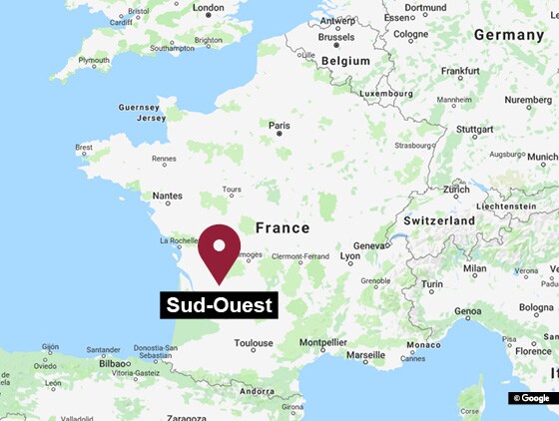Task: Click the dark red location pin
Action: click(220, 248)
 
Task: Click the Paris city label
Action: click(279, 126)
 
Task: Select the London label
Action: click(208, 8)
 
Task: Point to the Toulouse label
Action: click(254, 343)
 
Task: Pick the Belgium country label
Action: click(344, 61)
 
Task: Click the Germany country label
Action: click(508, 34)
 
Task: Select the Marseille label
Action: click(364, 354)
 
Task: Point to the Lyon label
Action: click(350, 256)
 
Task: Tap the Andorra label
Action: click(258, 392)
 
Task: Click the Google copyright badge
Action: click(532, 398)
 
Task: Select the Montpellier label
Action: click(323, 342)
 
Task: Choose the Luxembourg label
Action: click(385, 94)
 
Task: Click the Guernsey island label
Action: click(139, 107)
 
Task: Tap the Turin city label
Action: click(432, 285)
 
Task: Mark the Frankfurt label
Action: click(460, 71)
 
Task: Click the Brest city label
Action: click(84, 148)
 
